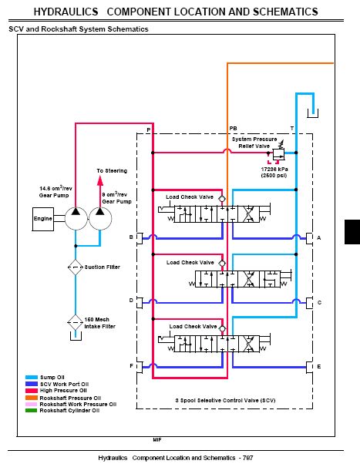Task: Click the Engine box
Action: [x=43, y=219]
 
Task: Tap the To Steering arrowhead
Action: [x=100, y=180]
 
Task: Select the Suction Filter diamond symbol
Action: [x=76, y=267]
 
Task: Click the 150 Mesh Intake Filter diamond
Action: [x=76, y=322]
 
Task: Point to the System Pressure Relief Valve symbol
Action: [x=278, y=153]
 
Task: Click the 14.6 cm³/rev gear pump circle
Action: [x=76, y=218]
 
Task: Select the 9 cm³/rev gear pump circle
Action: [x=100, y=218]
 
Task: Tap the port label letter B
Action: [x=131, y=237]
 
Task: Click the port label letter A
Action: [x=318, y=238]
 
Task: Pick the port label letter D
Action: [x=131, y=301]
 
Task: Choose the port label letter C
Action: [x=319, y=302]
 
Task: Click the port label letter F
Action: [x=132, y=366]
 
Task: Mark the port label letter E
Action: [x=319, y=366]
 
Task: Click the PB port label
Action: [x=233, y=129]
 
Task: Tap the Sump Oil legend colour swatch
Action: [x=32, y=377]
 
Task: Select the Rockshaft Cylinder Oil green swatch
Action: [x=32, y=411]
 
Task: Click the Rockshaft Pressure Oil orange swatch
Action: [x=32, y=398]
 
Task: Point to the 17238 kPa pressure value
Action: [x=274, y=170]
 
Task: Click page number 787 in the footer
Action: [x=248, y=458]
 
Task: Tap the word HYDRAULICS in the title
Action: [x=66, y=12]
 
